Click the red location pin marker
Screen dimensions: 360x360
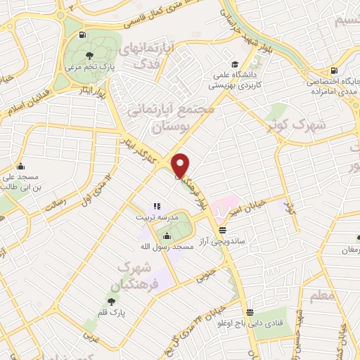pyautogui.click(x=180, y=165)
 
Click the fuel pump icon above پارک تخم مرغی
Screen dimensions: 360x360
pyautogui.click(x=83, y=34)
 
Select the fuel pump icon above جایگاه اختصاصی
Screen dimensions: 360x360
pyautogui.click(x=332, y=70)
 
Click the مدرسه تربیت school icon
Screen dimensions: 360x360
pyautogui.click(x=157, y=207)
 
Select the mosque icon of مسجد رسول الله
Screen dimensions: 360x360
pyautogui.click(x=167, y=237)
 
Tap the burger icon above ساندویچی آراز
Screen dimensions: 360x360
pyautogui.click(x=223, y=230)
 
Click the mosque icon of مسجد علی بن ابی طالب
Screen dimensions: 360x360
pyautogui.click(x=21, y=167)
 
